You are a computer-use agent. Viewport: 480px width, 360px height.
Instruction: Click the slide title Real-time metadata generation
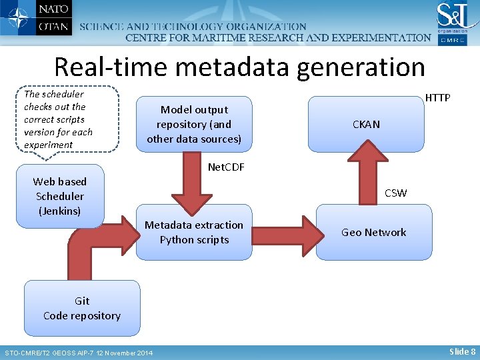pos(239,67)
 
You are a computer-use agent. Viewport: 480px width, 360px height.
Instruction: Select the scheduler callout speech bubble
pos(70,119)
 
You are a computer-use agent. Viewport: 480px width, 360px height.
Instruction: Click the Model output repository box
pos(194,124)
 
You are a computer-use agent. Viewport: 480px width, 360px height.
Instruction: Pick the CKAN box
pos(366,124)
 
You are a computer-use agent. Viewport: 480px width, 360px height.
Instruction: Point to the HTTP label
pos(437,98)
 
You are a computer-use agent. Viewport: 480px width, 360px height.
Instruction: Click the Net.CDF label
pos(226,167)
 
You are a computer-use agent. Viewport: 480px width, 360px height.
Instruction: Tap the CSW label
pos(395,193)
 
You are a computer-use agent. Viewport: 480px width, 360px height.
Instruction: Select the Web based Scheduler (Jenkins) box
pos(60,196)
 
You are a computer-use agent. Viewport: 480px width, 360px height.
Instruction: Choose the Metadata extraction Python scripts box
pos(194,232)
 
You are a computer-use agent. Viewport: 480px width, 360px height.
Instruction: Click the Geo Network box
pos(373,232)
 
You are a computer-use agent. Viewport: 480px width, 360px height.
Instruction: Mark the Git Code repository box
pos(82,308)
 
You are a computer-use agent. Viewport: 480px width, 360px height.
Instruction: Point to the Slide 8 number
pos(462,351)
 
